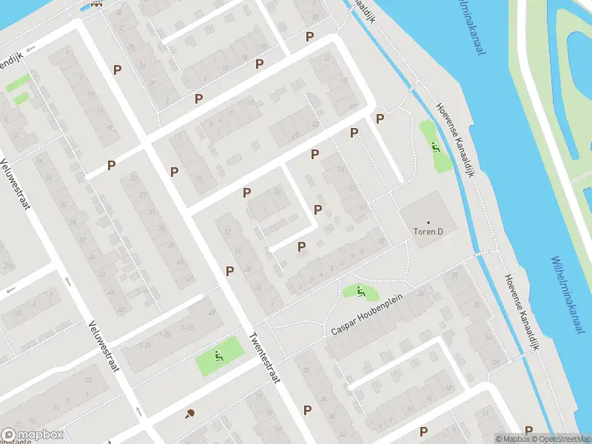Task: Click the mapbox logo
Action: point(33,434)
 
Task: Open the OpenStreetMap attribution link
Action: point(562,439)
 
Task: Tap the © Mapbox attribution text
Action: point(512,439)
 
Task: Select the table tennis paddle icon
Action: point(190,414)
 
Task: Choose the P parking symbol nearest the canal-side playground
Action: point(380,118)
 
